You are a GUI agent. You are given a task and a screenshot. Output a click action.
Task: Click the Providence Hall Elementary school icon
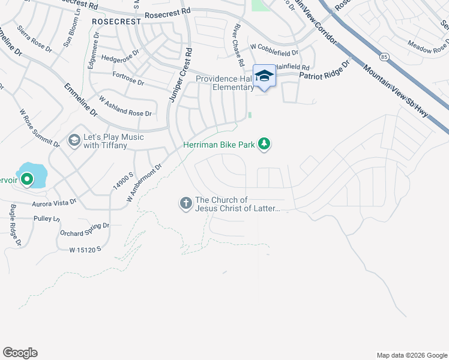[x=264, y=76]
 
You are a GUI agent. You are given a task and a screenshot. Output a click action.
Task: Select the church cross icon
[x=185, y=204]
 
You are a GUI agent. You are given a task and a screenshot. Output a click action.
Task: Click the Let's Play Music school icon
[x=74, y=141]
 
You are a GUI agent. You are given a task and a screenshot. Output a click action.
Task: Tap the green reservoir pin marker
[x=27, y=179]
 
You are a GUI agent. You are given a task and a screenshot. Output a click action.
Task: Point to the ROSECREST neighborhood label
[x=116, y=21]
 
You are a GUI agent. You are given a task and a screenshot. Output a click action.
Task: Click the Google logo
[x=20, y=353]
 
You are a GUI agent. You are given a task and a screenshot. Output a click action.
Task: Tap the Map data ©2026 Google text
[x=411, y=355]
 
